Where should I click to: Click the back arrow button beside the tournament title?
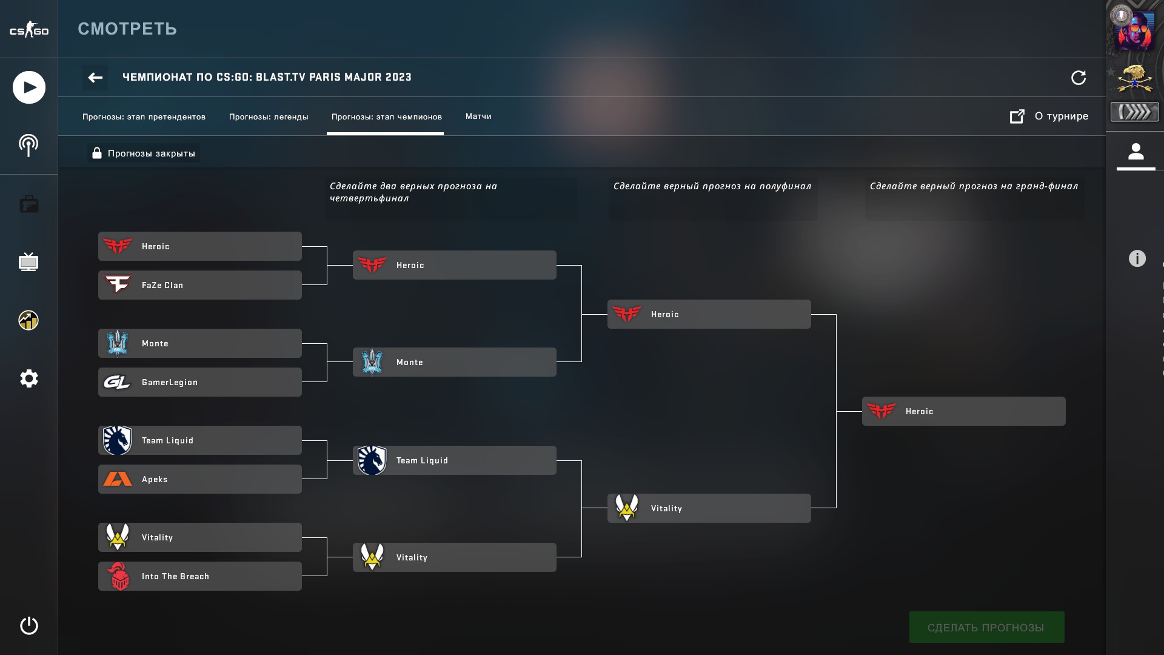[x=95, y=78]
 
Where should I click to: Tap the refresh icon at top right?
[x=1079, y=78]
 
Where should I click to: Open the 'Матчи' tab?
[x=478, y=116]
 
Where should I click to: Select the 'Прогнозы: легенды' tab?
[x=269, y=117]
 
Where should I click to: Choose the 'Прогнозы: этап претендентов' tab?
[x=144, y=117]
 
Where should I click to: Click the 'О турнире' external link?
[x=1049, y=116]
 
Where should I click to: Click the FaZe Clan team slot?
[x=199, y=285]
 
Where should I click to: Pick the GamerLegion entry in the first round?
[x=199, y=382]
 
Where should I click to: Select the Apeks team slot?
[x=199, y=479]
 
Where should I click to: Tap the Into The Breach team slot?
[x=199, y=576]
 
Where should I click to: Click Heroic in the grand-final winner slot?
[x=963, y=411]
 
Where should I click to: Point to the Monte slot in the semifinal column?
[x=454, y=362]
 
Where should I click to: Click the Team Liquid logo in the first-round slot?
[x=117, y=440]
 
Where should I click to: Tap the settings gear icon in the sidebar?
[x=28, y=378]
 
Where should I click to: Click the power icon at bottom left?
[x=28, y=625]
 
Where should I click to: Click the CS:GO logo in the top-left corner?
[x=28, y=30]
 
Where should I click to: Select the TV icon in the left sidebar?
[x=28, y=262]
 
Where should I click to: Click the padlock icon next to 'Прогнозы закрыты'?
[x=96, y=153]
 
